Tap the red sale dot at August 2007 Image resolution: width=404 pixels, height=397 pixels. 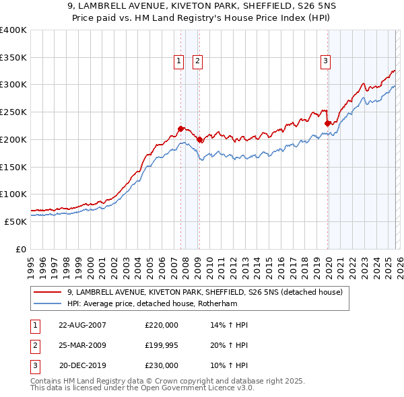[180, 128]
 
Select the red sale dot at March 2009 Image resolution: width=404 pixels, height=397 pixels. [200, 139]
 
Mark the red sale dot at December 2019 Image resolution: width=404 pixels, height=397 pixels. [327, 122]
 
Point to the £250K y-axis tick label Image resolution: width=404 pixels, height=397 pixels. [13, 112]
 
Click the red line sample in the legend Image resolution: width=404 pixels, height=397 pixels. [49, 292]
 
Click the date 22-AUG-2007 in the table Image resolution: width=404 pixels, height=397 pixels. [82, 325]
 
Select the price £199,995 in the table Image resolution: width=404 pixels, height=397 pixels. [162, 345]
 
